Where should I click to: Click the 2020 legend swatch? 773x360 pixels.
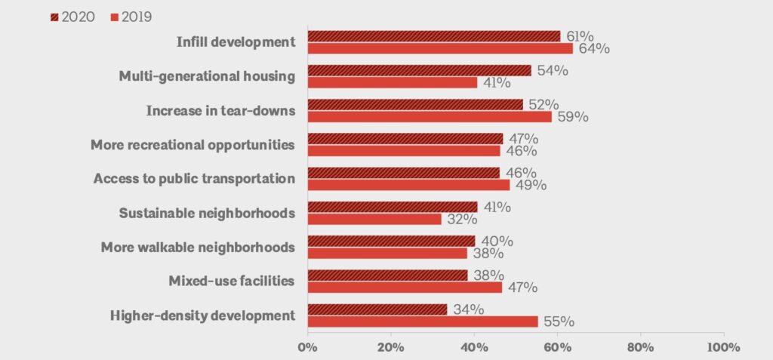tap(54, 17)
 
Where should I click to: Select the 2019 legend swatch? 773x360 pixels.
tap(113, 17)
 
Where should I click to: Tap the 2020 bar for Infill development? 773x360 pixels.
tap(434, 36)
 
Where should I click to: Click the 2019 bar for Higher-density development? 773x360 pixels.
tap(423, 322)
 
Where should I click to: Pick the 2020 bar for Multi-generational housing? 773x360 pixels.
tap(419, 70)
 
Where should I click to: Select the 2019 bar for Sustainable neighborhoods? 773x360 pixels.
tap(374, 219)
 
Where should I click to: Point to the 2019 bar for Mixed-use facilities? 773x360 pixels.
tap(405, 287)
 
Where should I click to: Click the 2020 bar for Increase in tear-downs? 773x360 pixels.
tap(415, 104)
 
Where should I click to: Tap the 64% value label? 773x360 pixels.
tap(593, 49)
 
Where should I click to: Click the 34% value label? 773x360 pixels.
tap(467, 309)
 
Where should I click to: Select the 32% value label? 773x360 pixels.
tap(461, 220)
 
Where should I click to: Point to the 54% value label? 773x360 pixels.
tap(552, 70)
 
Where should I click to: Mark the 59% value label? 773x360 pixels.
tap(572, 117)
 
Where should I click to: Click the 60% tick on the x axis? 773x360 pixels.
tap(557, 347)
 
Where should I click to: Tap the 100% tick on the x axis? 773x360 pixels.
tap(723, 347)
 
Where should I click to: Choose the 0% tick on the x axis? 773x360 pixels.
tap(307, 347)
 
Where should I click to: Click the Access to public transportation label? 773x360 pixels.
tap(194, 179)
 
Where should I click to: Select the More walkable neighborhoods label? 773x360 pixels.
tap(198, 247)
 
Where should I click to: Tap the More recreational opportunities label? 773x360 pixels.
tap(192, 145)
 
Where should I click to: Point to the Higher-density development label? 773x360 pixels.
tap(202, 315)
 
